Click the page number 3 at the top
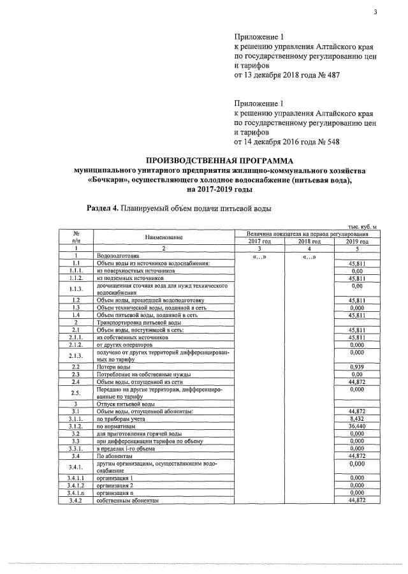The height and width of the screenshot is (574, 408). (376, 12)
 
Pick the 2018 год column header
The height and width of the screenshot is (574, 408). (309, 242)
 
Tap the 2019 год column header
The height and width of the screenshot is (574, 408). (356, 242)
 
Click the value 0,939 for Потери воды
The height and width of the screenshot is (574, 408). (356, 367)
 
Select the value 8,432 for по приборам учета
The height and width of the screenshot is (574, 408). (356, 418)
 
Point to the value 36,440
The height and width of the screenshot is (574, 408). (356, 425)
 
